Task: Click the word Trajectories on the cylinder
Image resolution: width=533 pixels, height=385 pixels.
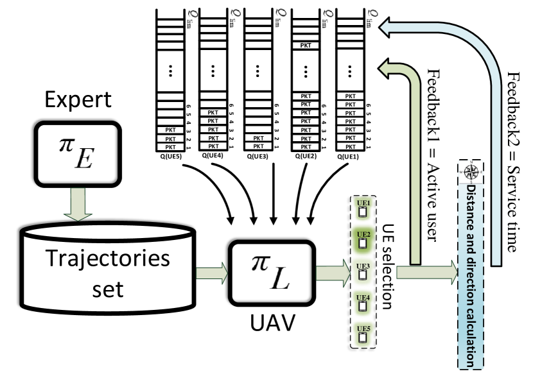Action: (108, 258)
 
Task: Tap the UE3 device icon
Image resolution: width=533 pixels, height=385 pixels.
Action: (363, 272)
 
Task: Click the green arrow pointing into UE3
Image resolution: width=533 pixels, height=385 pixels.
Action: (333, 273)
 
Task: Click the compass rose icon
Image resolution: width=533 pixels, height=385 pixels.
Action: (471, 172)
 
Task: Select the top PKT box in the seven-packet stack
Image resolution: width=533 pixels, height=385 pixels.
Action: (350, 96)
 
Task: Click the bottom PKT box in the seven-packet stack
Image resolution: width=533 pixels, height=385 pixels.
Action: (350, 146)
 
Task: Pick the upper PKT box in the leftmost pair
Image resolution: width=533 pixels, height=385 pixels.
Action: (170, 139)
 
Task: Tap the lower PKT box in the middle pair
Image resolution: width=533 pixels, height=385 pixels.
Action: (213, 146)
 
